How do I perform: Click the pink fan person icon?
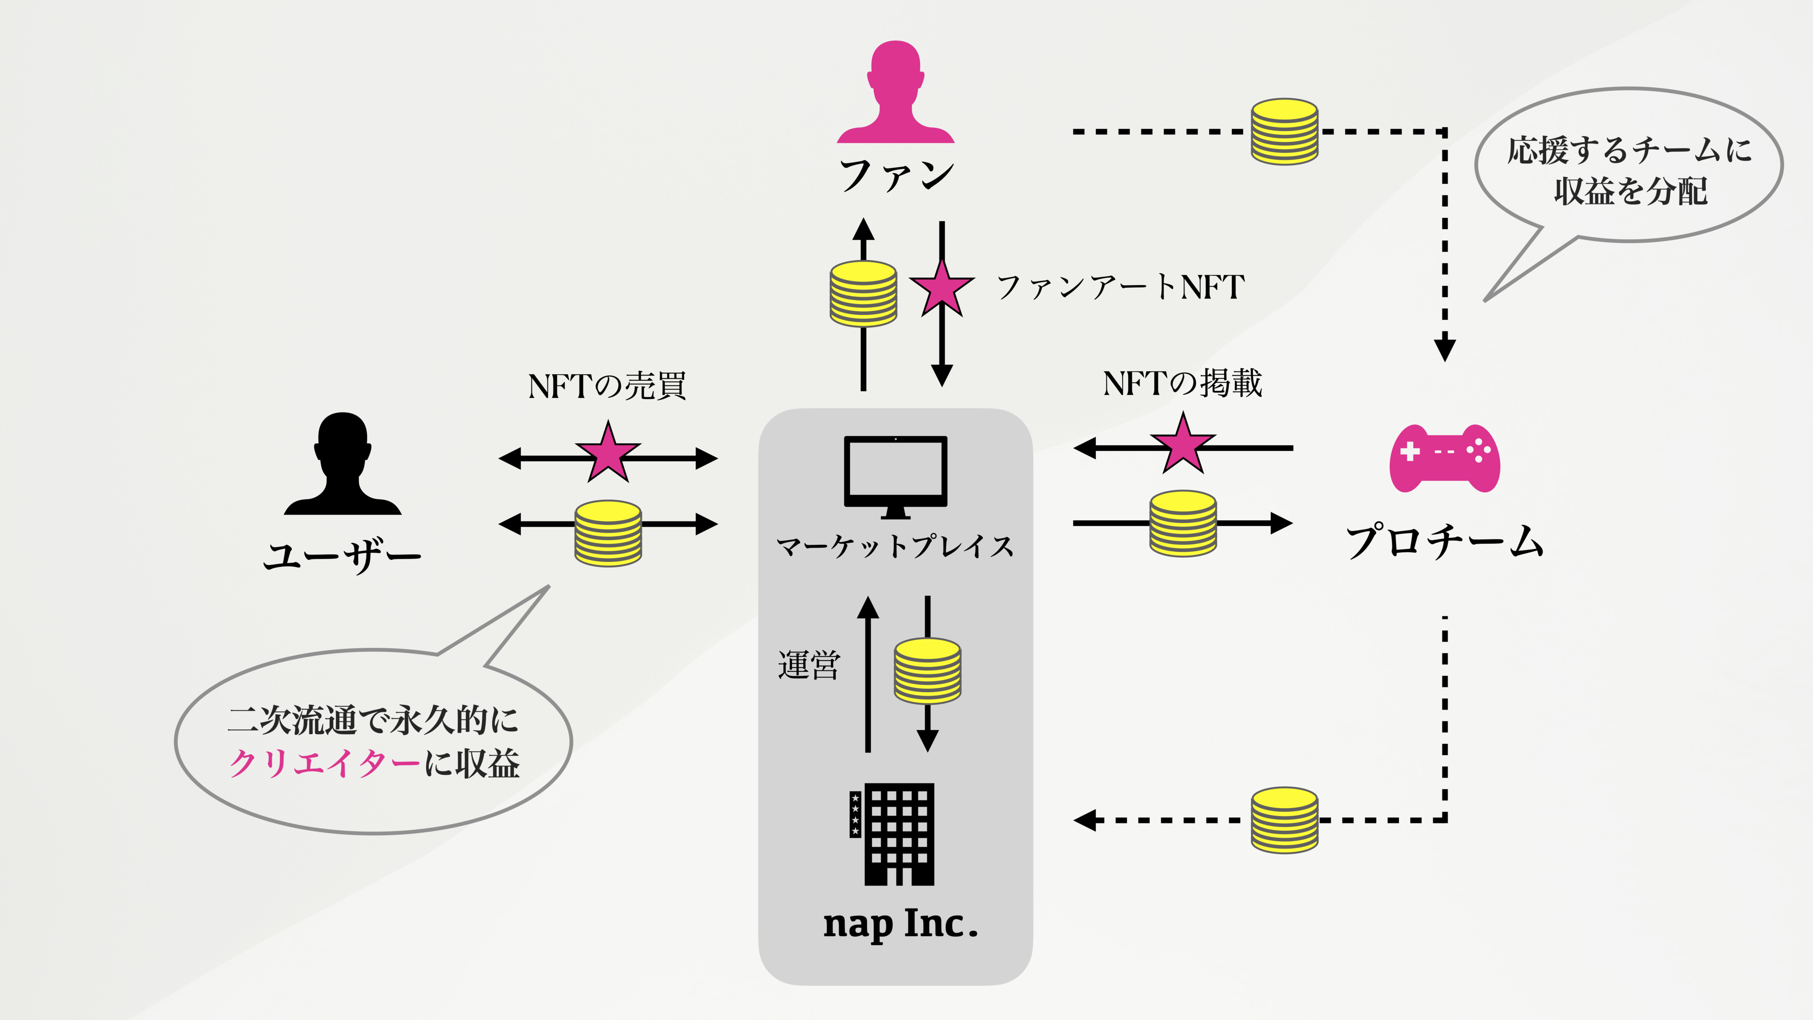click(895, 95)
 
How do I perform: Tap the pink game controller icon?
click(1444, 458)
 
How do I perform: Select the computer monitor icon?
click(895, 473)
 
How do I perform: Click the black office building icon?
click(895, 834)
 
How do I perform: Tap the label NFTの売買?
click(607, 386)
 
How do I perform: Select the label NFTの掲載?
click(1182, 384)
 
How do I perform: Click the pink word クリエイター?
click(325, 763)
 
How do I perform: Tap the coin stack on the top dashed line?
click(1284, 132)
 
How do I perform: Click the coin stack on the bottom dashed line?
click(1284, 820)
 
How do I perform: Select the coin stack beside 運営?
click(927, 671)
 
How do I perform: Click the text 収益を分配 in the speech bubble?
click(1630, 192)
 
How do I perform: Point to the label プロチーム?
click(1444, 542)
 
